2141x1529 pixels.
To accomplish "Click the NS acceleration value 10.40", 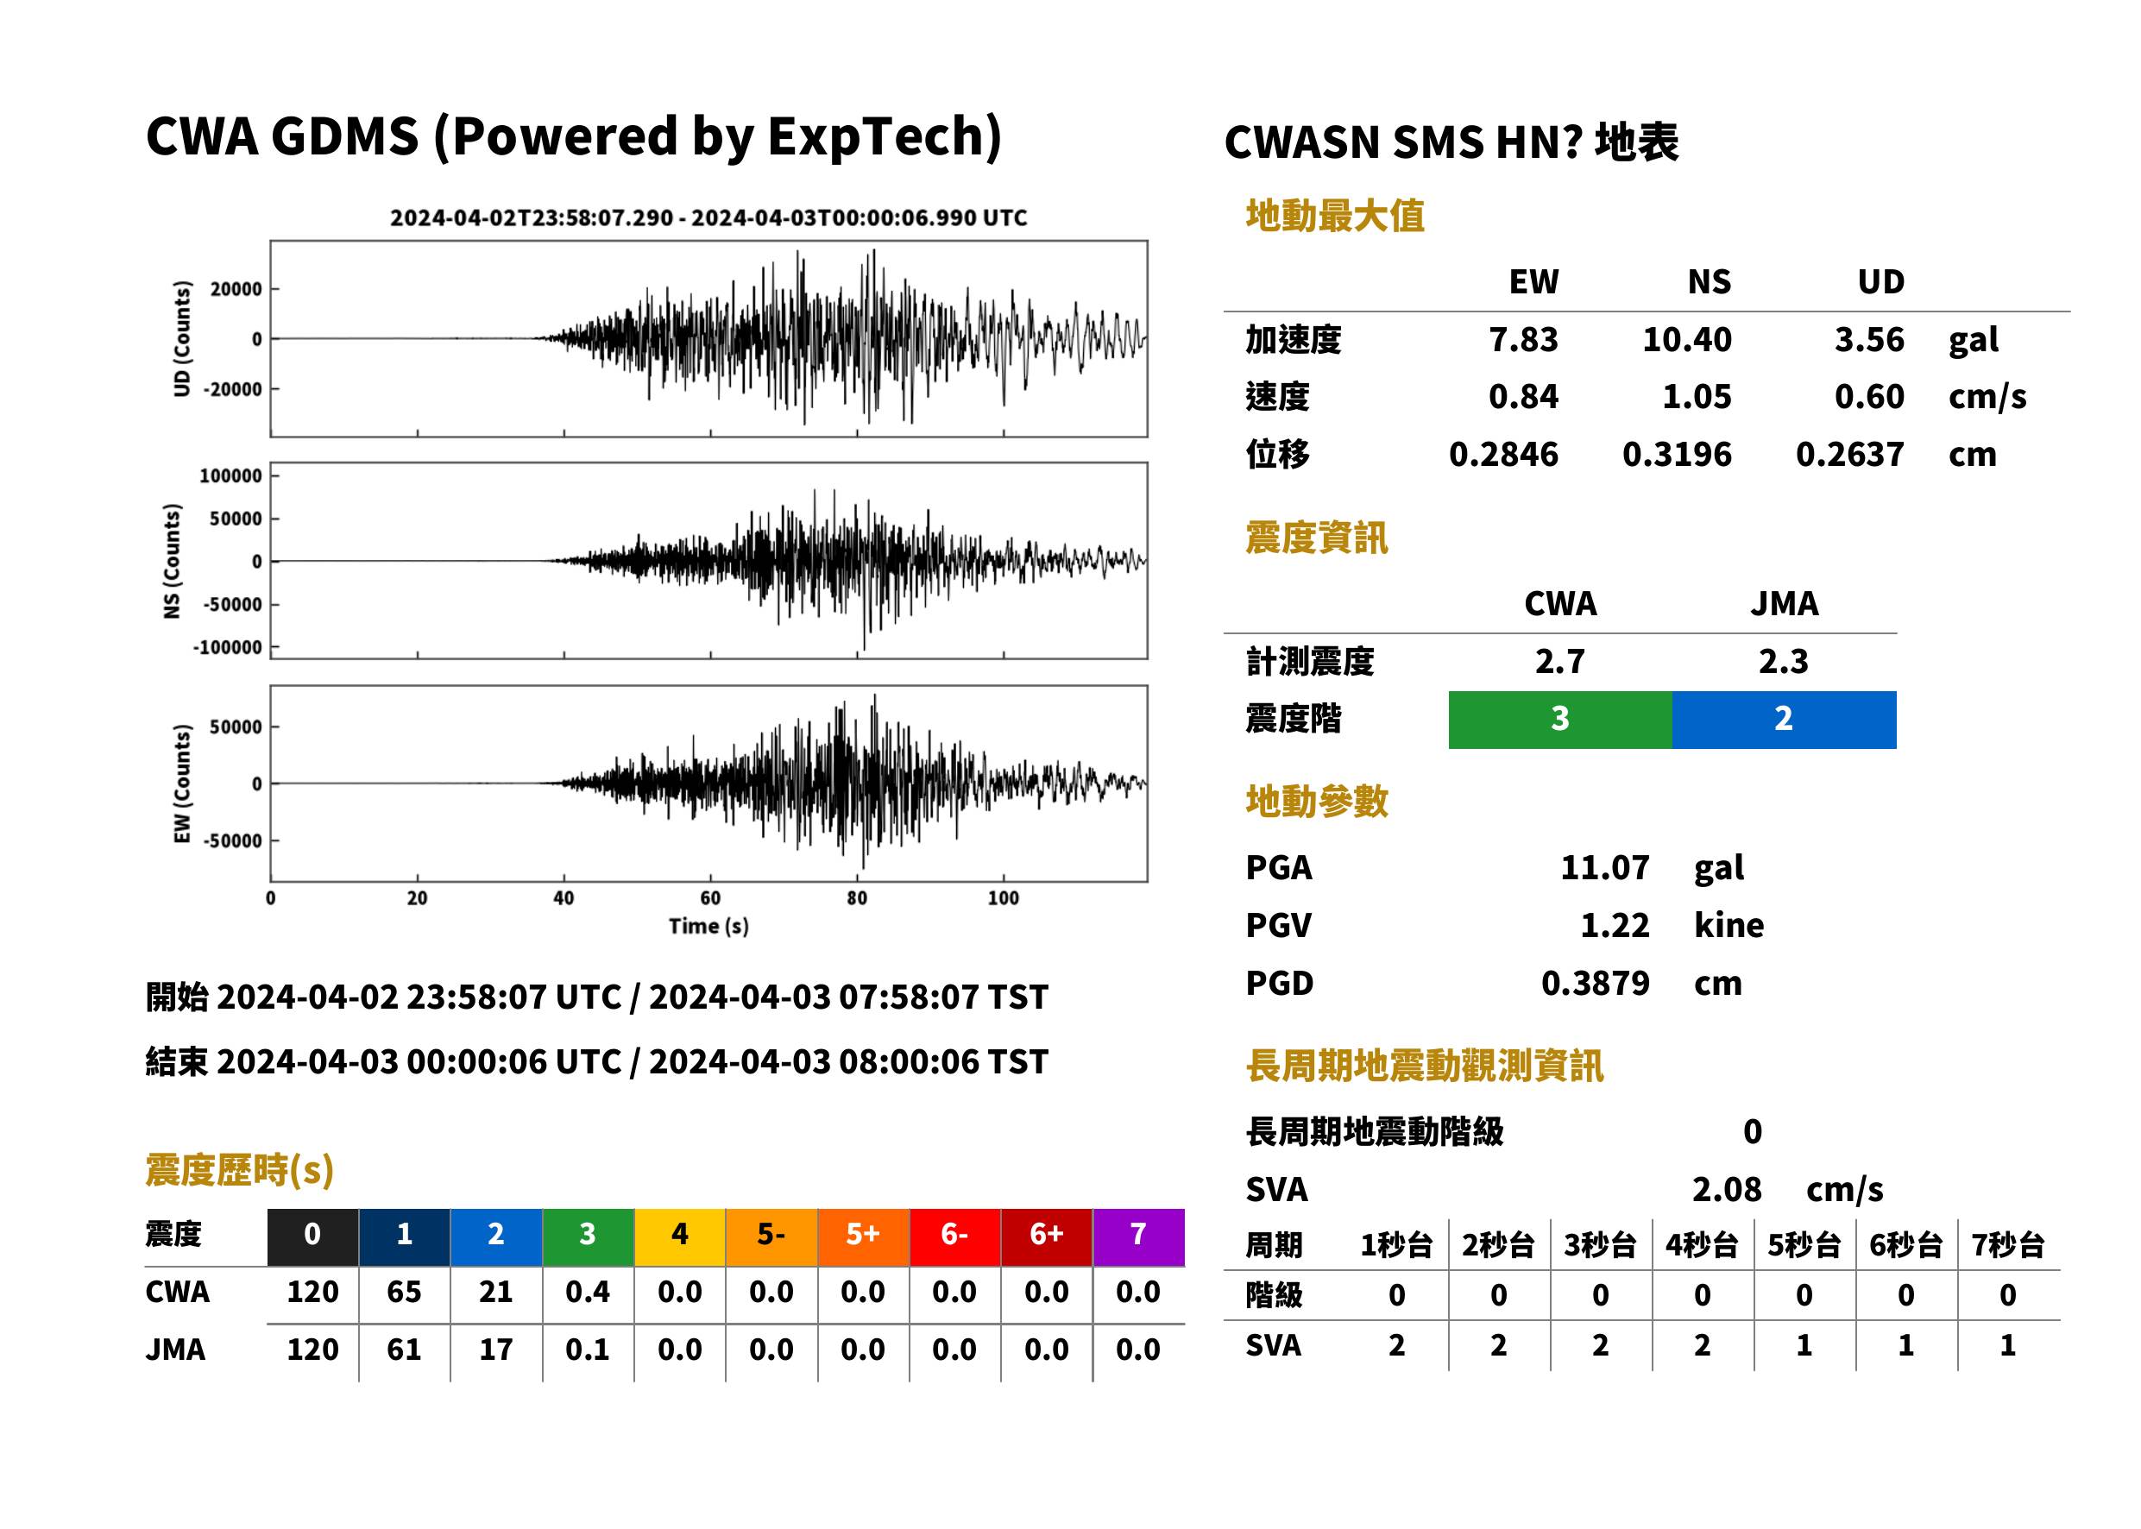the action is click(x=1686, y=340).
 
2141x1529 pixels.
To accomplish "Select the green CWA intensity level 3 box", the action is click(x=1560, y=720).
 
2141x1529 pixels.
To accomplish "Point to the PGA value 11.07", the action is click(x=1604, y=867).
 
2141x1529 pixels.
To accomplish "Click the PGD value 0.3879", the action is click(x=1595, y=983).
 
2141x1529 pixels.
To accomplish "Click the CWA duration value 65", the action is click(x=404, y=1292).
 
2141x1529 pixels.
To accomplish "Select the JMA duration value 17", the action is click(x=496, y=1350).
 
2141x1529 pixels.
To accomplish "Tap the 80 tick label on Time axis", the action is click(x=857, y=898).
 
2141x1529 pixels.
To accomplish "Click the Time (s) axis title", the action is click(x=709, y=927).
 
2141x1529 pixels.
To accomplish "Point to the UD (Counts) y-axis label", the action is click(x=182, y=339).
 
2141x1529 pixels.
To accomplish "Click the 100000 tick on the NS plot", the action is click(x=230, y=476).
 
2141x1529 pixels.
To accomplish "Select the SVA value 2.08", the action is click(x=1727, y=1189).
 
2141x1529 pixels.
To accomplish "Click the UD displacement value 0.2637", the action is click(x=1850, y=455).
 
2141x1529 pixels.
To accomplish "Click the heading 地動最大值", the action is click(x=1335, y=216).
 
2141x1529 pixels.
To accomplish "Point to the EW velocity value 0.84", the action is click(x=1523, y=397).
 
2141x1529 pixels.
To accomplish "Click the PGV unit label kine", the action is click(x=1729, y=926).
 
